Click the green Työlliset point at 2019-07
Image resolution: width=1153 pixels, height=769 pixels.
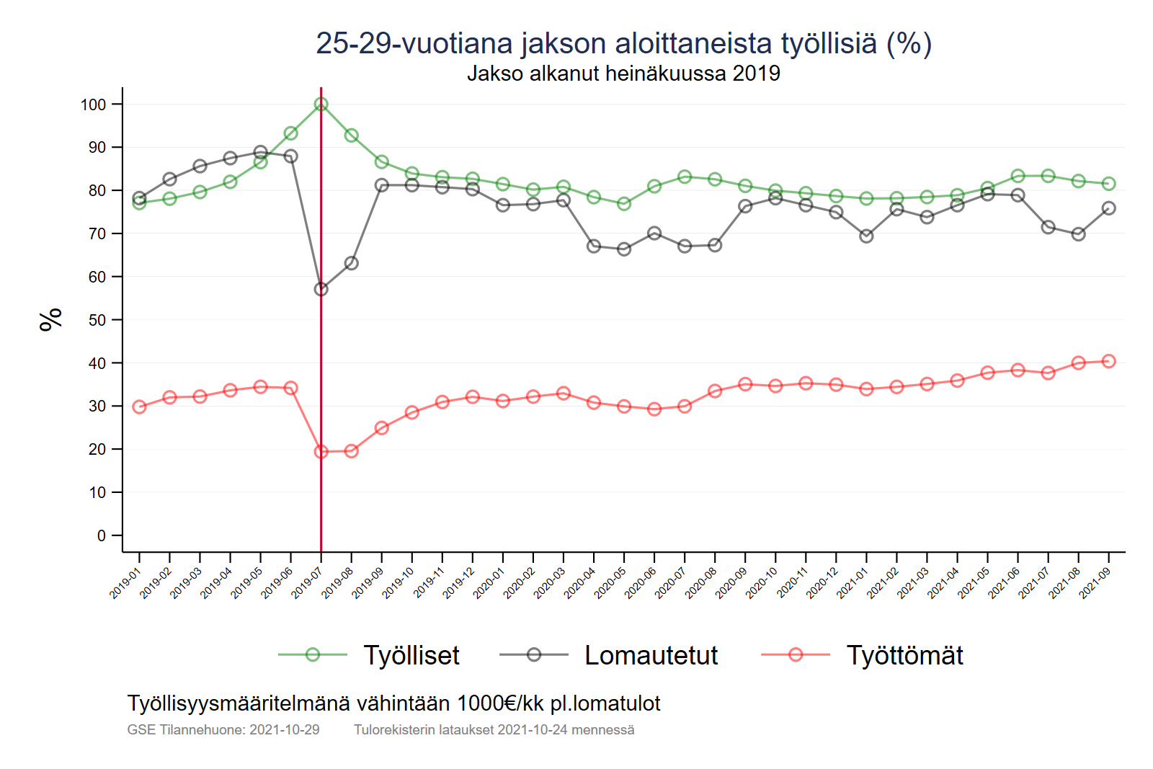pos(321,105)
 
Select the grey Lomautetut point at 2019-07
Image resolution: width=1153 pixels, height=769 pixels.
pos(321,289)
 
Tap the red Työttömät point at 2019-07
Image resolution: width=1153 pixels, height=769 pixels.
pos(321,452)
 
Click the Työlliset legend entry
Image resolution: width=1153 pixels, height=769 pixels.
pos(411,655)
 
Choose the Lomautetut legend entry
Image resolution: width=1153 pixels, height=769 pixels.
pos(651,655)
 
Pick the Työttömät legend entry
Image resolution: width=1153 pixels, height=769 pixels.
pos(904,655)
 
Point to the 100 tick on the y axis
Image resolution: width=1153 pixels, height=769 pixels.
pos(93,105)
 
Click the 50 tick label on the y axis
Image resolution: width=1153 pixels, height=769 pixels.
pos(97,320)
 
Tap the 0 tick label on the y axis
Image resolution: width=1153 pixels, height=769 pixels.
pos(102,535)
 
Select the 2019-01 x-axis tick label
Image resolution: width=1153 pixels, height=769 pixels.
pos(125,583)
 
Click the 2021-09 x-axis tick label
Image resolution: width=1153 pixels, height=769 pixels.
pos(1095,583)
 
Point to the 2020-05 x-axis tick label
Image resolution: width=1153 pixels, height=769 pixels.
pos(610,583)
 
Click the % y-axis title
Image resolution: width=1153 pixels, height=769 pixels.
pos(51,319)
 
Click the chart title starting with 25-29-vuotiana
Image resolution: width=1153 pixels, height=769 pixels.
pos(623,43)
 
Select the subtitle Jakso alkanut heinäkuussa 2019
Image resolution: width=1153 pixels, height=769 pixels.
pos(623,74)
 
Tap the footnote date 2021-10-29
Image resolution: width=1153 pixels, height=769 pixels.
pos(284,729)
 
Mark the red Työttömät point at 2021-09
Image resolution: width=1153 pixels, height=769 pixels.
pos(1109,361)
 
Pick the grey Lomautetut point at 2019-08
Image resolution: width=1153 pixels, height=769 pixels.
pos(352,263)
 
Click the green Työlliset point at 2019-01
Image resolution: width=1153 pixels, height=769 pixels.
pos(139,203)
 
